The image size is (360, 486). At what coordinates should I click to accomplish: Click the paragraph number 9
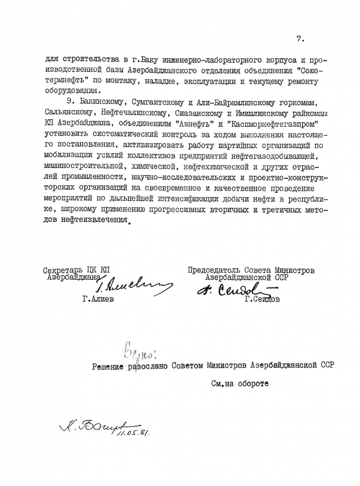(67, 102)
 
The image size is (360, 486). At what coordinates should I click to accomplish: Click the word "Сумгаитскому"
(157, 102)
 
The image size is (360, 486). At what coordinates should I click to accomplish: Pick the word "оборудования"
(70, 91)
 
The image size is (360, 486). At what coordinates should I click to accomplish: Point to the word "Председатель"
(215, 271)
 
